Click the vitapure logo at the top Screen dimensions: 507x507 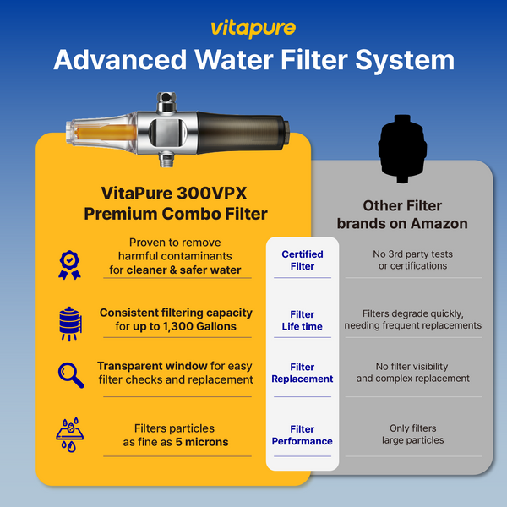pos(253,28)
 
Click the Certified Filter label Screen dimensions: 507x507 pos(303,260)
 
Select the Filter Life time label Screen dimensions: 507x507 pos(303,320)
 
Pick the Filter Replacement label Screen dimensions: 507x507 pos(303,373)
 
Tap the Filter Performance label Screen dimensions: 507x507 pos(303,435)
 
